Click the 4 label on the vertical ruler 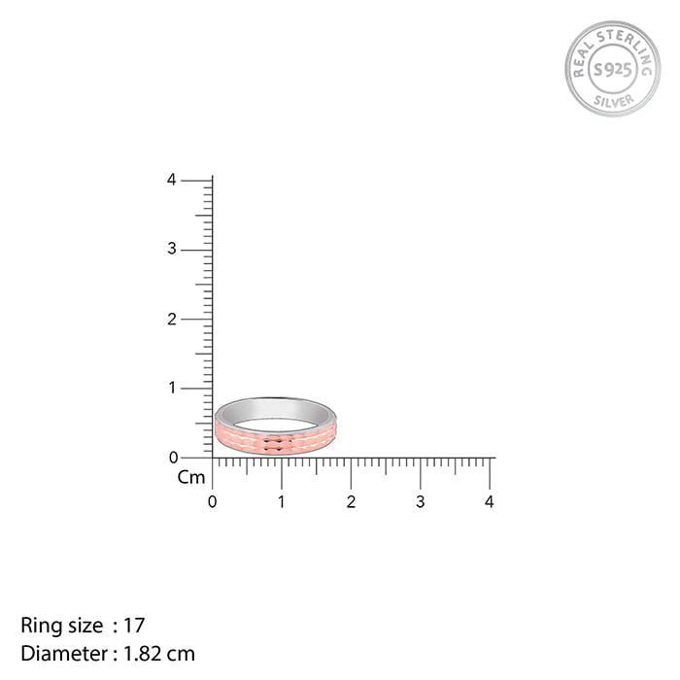click(x=171, y=180)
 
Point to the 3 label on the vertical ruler click(x=171, y=250)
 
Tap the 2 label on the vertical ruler click(x=171, y=319)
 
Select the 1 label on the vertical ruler click(x=171, y=388)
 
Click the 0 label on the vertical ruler click(x=171, y=457)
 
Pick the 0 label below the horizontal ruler click(x=213, y=502)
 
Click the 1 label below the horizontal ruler click(x=282, y=502)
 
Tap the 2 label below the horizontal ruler click(x=351, y=502)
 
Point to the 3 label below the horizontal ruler click(x=421, y=502)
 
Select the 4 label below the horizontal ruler click(x=490, y=502)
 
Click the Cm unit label click(x=191, y=477)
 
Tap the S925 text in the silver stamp click(x=612, y=69)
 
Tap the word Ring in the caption click(x=38, y=626)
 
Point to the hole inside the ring click(x=275, y=424)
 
